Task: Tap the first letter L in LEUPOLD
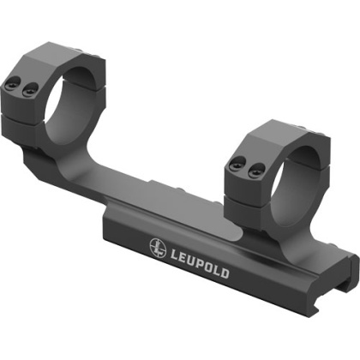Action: coord(174,249)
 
